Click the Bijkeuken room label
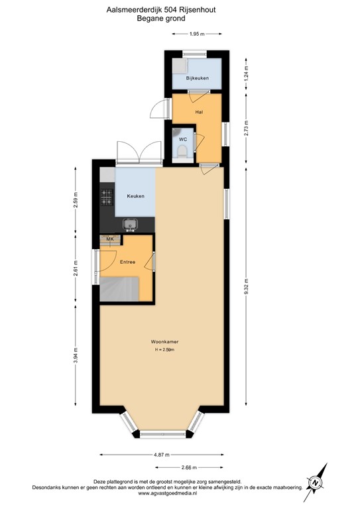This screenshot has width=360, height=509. click(x=198, y=79)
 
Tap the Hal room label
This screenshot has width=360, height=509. click(x=199, y=112)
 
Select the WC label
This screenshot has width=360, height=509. click(x=182, y=140)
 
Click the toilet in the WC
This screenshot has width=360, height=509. click(x=182, y=153)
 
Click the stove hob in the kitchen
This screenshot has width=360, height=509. click(x=107, y=197)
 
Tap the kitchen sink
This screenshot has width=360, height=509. click(x=131, y=225)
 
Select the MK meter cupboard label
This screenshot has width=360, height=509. click(x=110, y=239)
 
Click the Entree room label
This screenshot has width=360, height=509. click(x=127, y=262)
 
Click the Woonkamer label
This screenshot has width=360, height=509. click(x=164, y=341)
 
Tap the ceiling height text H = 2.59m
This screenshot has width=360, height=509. click(x=164, y=349)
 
